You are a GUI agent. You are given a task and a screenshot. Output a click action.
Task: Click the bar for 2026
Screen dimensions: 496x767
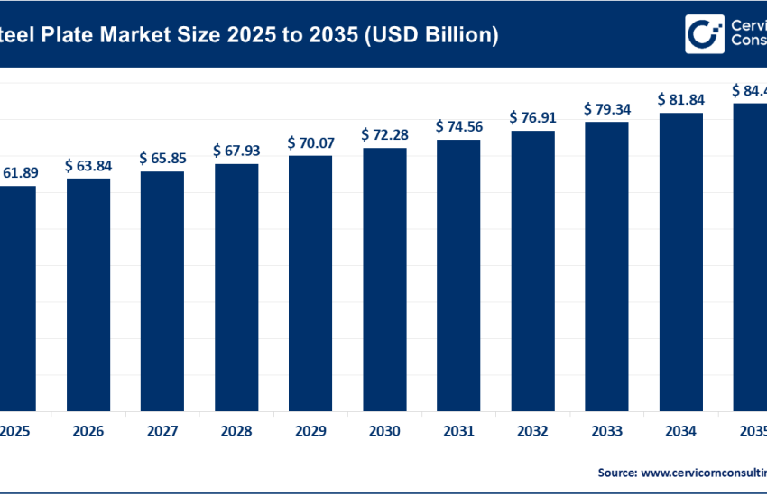(88, 294)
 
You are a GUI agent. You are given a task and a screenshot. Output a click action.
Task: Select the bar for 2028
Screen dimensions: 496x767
(236, 287)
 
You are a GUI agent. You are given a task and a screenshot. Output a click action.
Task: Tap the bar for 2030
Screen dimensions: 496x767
(384, 279)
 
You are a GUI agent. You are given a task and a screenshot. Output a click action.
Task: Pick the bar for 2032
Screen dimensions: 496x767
(532, 271)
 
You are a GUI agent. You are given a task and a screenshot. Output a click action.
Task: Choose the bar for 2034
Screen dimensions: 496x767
(680, 262)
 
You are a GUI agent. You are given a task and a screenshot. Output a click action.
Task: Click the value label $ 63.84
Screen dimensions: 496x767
(88, 165)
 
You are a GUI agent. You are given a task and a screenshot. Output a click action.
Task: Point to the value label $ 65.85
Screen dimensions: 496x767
(162, 158)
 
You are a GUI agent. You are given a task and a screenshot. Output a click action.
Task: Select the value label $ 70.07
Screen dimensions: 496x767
(310, 142)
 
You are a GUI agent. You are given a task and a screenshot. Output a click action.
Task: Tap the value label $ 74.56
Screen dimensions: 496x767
(458, 126)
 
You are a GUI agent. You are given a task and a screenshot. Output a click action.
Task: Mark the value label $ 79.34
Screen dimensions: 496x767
(606, 109)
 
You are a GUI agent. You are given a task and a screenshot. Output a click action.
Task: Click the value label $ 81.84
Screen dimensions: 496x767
(680, 99)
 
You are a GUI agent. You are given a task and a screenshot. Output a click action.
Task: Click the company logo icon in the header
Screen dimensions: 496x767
(703, 34)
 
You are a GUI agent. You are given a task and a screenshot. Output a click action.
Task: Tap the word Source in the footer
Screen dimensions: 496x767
(615, 472)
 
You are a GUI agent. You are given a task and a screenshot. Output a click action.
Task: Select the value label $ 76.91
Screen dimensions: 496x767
(532, 117)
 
